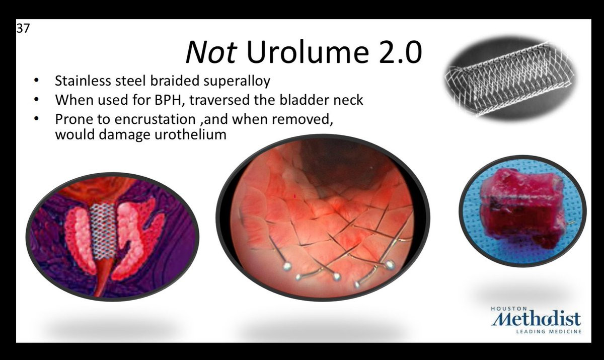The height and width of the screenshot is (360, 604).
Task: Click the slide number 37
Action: click(23, 28)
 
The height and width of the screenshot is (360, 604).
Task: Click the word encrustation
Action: click(155, 119)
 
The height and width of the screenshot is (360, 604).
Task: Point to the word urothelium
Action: click(190, 134)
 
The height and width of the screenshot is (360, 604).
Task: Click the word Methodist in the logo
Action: click(536, 319)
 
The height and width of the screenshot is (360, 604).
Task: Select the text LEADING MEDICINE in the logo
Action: click(549, 331)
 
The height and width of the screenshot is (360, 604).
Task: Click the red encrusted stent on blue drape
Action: click(523, 207)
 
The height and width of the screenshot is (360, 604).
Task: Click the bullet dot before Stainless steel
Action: click(36, 80)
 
